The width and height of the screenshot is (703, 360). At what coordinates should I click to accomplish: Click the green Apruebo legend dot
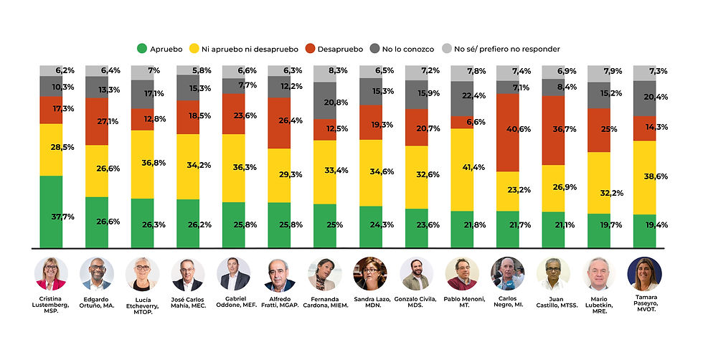pos(141,49)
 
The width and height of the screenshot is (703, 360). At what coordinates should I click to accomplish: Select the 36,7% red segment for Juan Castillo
pos(553,130)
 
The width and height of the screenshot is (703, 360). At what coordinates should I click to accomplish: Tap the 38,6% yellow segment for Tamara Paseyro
pos(644,177)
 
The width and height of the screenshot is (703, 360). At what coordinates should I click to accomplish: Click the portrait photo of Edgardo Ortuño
pos(97,273)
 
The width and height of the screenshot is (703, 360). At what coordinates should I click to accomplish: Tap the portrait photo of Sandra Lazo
pos(370,273)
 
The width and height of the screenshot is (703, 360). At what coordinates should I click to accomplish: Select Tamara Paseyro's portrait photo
pos(644,273)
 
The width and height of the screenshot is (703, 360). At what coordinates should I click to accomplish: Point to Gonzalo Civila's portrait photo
pos(416,273)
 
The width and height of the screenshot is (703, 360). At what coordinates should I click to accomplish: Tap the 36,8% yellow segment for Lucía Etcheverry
pos(143,164)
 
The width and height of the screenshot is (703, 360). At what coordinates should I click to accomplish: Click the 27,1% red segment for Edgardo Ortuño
pos(97,121)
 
